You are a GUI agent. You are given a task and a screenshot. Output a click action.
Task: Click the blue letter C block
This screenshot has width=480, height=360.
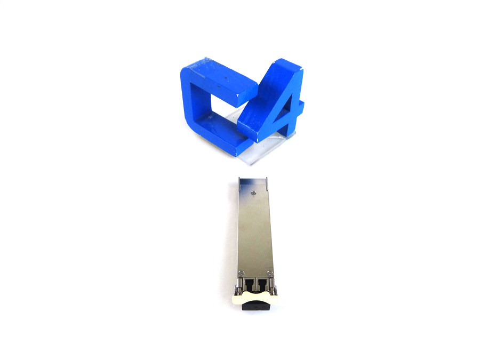tap(196, 101)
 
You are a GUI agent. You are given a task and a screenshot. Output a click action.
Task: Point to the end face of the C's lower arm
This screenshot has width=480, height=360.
tap(244, 148)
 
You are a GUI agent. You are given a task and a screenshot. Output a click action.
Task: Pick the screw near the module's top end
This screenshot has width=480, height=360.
tap(253, 193)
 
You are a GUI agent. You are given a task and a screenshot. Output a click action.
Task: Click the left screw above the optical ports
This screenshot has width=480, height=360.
tap(241, 273)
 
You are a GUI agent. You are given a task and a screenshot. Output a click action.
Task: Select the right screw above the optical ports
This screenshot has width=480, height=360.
tap(269, 273)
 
